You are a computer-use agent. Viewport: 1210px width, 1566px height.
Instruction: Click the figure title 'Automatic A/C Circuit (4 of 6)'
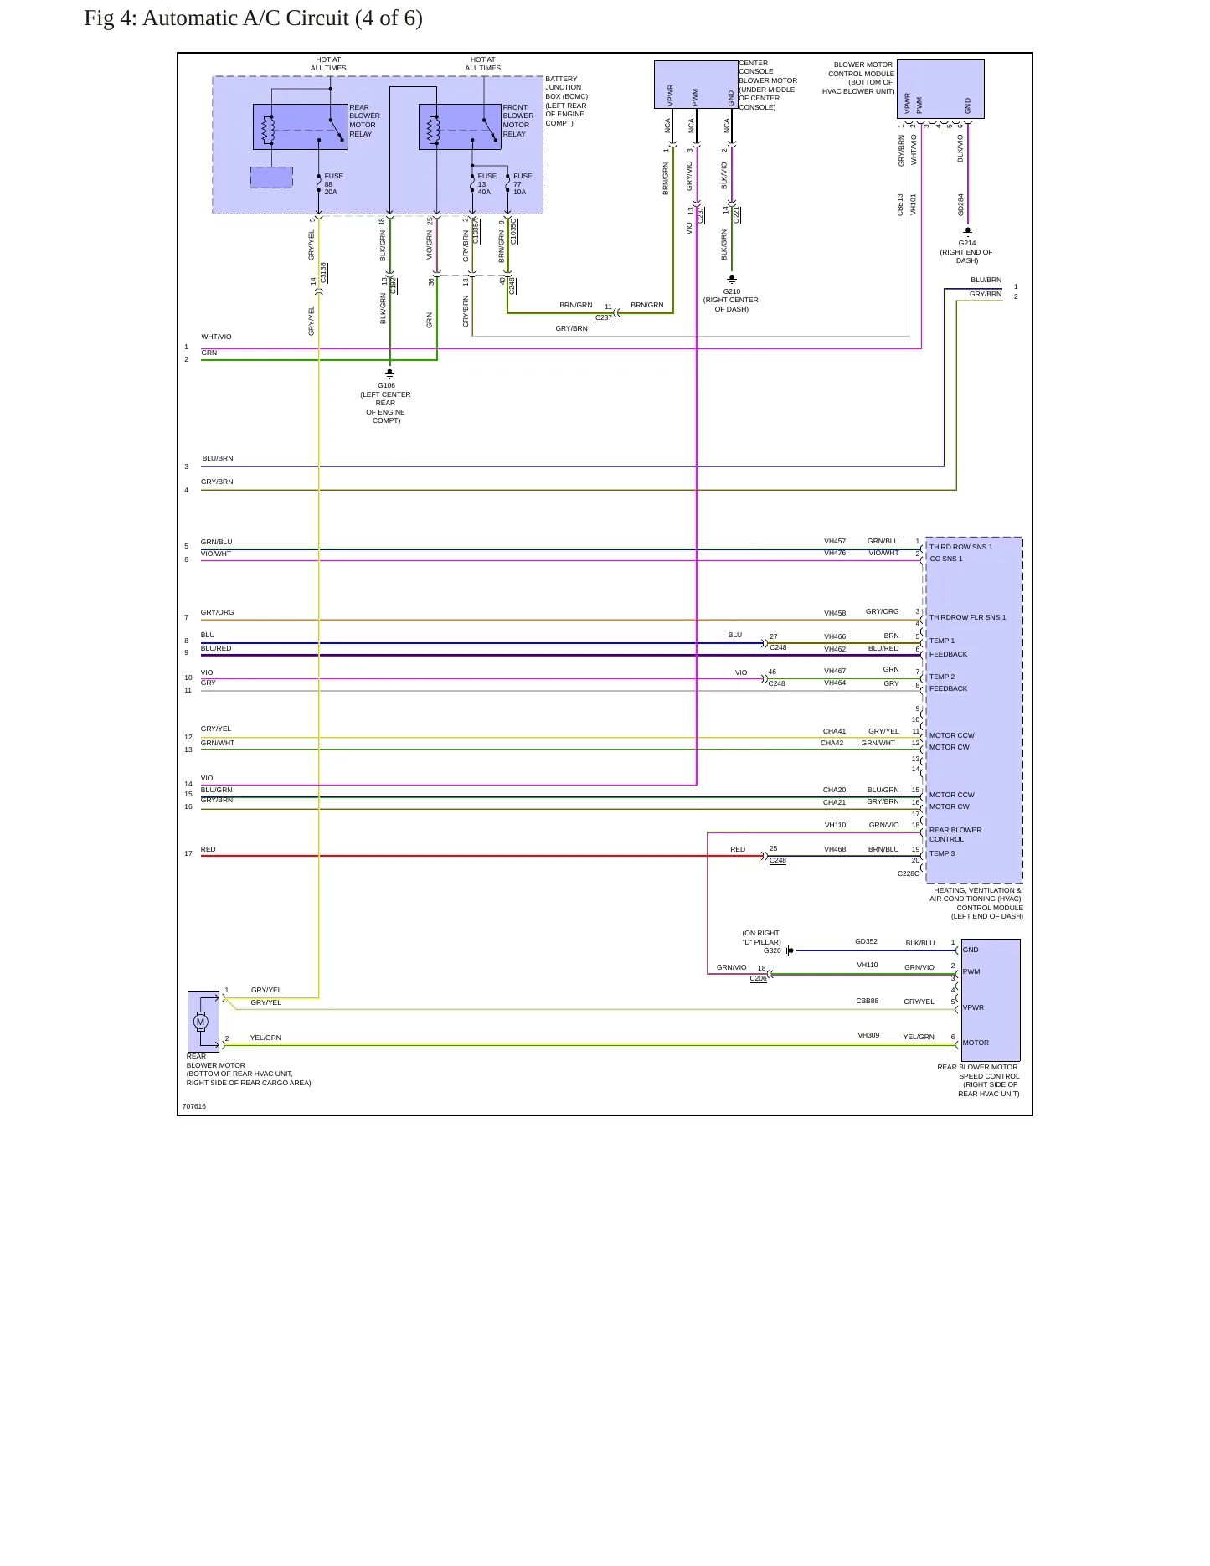pos(282,18)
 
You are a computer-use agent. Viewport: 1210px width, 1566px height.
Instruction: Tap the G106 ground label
pos(386,385)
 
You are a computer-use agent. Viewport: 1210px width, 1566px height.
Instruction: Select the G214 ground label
pos(967,243)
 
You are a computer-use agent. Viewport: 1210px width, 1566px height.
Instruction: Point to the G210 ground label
pos(732,291)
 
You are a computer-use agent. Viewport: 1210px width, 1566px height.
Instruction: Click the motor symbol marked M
pos(200,1022)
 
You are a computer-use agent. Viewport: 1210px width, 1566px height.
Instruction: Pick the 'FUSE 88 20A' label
pos(333,184)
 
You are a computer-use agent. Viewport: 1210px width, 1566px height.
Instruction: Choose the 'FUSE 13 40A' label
pos(487,184)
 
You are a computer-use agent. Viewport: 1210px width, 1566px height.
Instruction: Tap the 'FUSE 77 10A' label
pos(523,184)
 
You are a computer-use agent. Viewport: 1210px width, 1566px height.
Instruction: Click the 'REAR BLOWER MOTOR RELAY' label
pos(364,121)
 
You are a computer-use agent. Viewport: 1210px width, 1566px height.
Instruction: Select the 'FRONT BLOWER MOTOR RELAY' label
pos(518,121)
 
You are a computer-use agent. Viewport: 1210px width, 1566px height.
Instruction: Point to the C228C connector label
pos(909,873)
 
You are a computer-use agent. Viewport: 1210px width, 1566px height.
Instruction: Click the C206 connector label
pos(758,978)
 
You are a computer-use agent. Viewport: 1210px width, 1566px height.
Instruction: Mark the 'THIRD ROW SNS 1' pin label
pos(960,547)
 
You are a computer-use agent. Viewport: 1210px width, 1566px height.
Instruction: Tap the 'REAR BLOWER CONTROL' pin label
pos(955,835)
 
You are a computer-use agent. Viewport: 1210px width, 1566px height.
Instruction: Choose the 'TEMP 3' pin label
pos(942,853)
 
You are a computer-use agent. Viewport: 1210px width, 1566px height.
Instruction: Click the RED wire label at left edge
pos(209,849)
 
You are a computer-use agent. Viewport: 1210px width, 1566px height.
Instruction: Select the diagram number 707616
pos(194,1106)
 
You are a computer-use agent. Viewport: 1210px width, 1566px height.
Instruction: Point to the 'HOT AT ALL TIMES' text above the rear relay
pos(328,64)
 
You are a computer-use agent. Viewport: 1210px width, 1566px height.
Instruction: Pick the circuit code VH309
pos(868,1035)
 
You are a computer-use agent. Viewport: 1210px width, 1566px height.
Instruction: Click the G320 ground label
pos(772,950)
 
